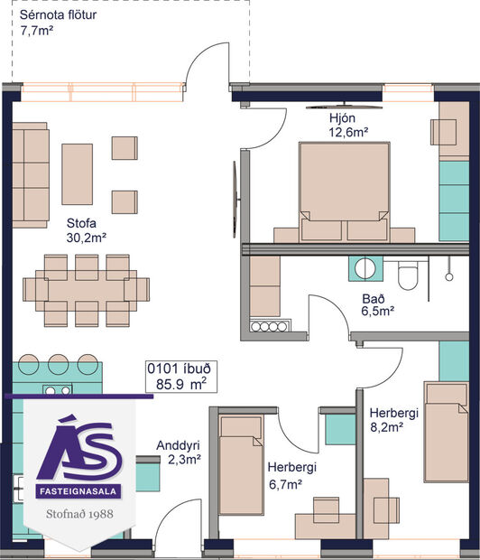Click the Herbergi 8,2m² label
[394, 421]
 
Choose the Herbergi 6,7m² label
[291, 476]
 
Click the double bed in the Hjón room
[344, 189]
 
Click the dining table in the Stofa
[87, 289]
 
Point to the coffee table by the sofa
[77, 174]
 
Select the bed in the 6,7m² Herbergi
[241, 463]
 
